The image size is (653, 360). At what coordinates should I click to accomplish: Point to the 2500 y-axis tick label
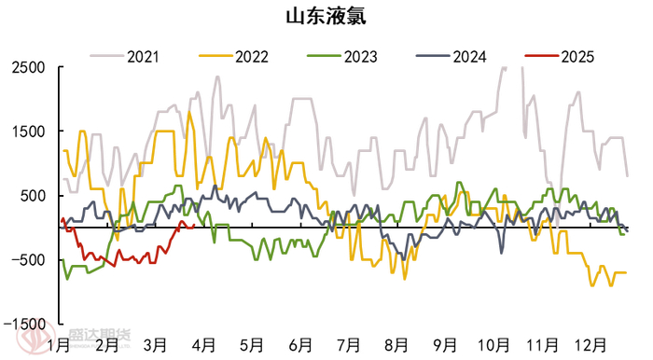click(x=29, y=68)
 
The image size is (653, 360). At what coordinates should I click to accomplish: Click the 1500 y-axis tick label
click(x=29, y=132)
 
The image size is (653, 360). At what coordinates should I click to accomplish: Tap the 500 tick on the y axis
click(x=33, y=195)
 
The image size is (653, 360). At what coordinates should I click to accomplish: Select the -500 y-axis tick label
click(x=29, y=258)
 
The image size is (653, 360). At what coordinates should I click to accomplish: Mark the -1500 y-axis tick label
click(x=25, y=322)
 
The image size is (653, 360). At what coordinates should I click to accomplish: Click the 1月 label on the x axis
click(x=58, y=345)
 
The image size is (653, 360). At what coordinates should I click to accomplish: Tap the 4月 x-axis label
click(x=203, y=345)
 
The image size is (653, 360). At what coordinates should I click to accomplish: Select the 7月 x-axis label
click(x=349, y=345)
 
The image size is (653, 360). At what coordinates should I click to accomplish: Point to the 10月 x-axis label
click(x=494, y=345)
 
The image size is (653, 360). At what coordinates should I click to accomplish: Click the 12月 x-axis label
click(x=591, y=345)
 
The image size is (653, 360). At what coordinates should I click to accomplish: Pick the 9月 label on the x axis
click(x=446, y=345)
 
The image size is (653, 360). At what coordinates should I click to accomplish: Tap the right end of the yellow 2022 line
click(x=626, y=272)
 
